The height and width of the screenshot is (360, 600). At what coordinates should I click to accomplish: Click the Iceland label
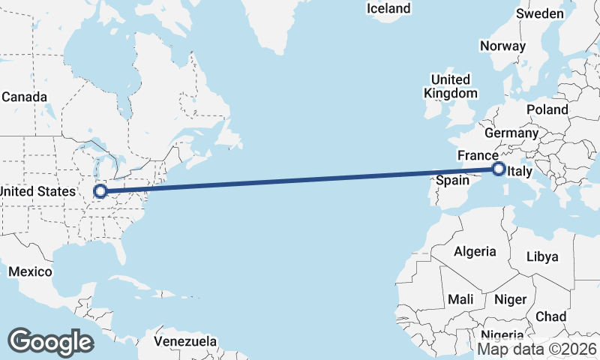388,8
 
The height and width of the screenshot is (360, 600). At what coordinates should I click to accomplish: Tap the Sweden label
540,13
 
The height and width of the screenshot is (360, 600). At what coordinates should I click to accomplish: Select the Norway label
502,46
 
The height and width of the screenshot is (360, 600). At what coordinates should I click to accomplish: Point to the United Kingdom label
450,86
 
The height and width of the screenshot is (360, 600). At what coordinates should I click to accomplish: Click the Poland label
547,109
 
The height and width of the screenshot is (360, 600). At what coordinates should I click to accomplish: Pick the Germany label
511,133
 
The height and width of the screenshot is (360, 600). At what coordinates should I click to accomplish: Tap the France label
478,155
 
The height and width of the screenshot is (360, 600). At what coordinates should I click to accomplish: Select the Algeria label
475,251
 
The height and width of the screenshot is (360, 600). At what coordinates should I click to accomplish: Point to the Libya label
542,256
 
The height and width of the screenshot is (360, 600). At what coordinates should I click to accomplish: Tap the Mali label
460,299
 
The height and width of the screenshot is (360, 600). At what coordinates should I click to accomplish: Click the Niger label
510,299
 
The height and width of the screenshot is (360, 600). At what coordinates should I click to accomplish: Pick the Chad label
551,316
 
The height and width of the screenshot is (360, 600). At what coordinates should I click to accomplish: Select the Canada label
24,97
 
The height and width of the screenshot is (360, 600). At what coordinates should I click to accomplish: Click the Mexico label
30,271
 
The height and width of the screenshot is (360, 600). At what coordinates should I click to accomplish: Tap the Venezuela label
185,341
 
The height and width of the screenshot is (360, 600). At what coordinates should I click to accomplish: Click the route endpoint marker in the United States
100,191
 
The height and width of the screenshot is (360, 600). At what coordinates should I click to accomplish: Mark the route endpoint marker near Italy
498,169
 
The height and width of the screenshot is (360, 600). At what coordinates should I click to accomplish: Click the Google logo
50,341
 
